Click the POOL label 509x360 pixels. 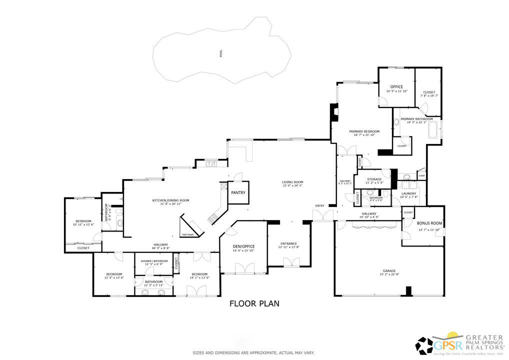[x=221, y=53]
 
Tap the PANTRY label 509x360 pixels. [x=238, y=192]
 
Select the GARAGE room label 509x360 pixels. [x=388, y=270]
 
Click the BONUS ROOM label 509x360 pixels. [x=430, y=223]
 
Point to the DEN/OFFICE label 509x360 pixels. [x=244, y=246]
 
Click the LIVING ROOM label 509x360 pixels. [x=292, y=182]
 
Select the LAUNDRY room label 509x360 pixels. [x=408, y=193]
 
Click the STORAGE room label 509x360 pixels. [x=374, y=179]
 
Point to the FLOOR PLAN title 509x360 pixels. [x=254, y=303]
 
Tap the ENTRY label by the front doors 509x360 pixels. [x=319, y=205]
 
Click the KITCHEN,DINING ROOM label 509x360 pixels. [x=171, y=200]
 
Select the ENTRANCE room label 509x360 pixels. [x=288, y=243]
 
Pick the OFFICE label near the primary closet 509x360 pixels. [x=396, y=87]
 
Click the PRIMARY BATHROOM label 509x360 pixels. [x=419, y=119]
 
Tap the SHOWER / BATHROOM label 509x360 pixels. [x=153, y=260]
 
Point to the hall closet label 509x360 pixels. [x=187, y=234]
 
